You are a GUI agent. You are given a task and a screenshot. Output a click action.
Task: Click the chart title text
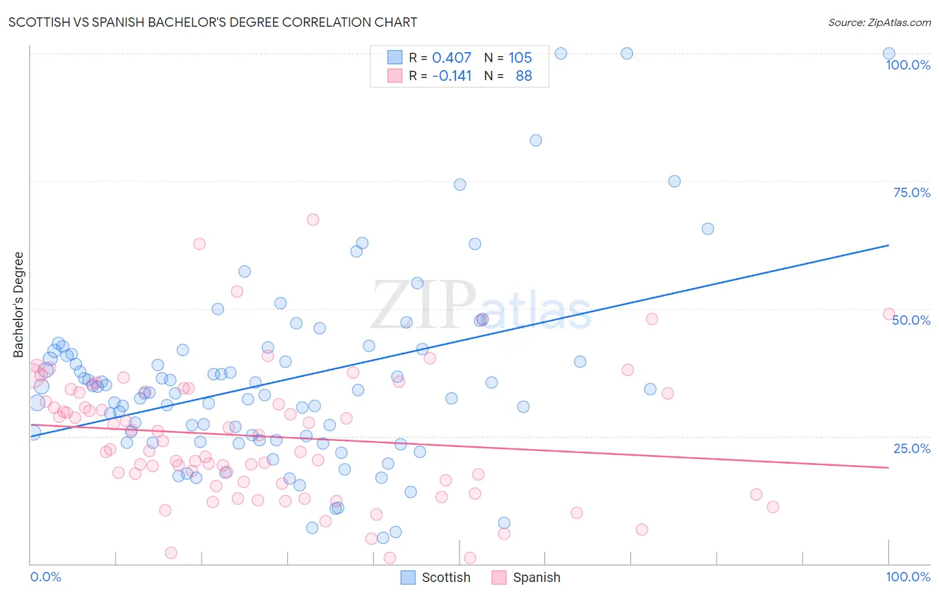click(213, 22)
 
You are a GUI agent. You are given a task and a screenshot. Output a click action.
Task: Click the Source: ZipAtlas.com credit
click(879, 22)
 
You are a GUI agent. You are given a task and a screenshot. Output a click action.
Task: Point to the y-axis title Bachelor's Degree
click(19, 304)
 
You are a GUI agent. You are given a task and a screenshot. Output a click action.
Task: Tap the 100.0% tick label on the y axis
click(908, 65)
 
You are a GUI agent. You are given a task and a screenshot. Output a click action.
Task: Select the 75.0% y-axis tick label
click(912, 192)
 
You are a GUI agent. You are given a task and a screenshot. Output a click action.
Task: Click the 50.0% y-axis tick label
click(911, 320)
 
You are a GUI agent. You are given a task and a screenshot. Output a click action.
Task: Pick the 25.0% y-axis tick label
click(912, 448)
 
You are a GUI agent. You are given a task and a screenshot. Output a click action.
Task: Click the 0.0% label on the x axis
click(45, 577)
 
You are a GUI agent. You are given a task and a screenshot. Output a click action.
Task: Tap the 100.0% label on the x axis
click(908, 577)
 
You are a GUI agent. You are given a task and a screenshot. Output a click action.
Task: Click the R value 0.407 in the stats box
click(451, 58)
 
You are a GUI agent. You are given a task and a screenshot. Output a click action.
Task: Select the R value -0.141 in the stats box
click(451, 76)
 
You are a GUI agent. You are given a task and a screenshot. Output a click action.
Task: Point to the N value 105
click(520, 58)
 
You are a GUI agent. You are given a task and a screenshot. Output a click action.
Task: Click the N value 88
click(524, 76)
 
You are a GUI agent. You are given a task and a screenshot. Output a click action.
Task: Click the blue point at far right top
click(889, 53)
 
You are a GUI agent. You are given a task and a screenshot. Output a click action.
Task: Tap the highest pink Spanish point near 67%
click(313, 220)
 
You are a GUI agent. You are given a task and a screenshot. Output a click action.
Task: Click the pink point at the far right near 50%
click(888, 314)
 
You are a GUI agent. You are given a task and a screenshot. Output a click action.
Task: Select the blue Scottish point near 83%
click(536, 140)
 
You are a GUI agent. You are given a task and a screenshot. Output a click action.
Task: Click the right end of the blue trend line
click(888, 245)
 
